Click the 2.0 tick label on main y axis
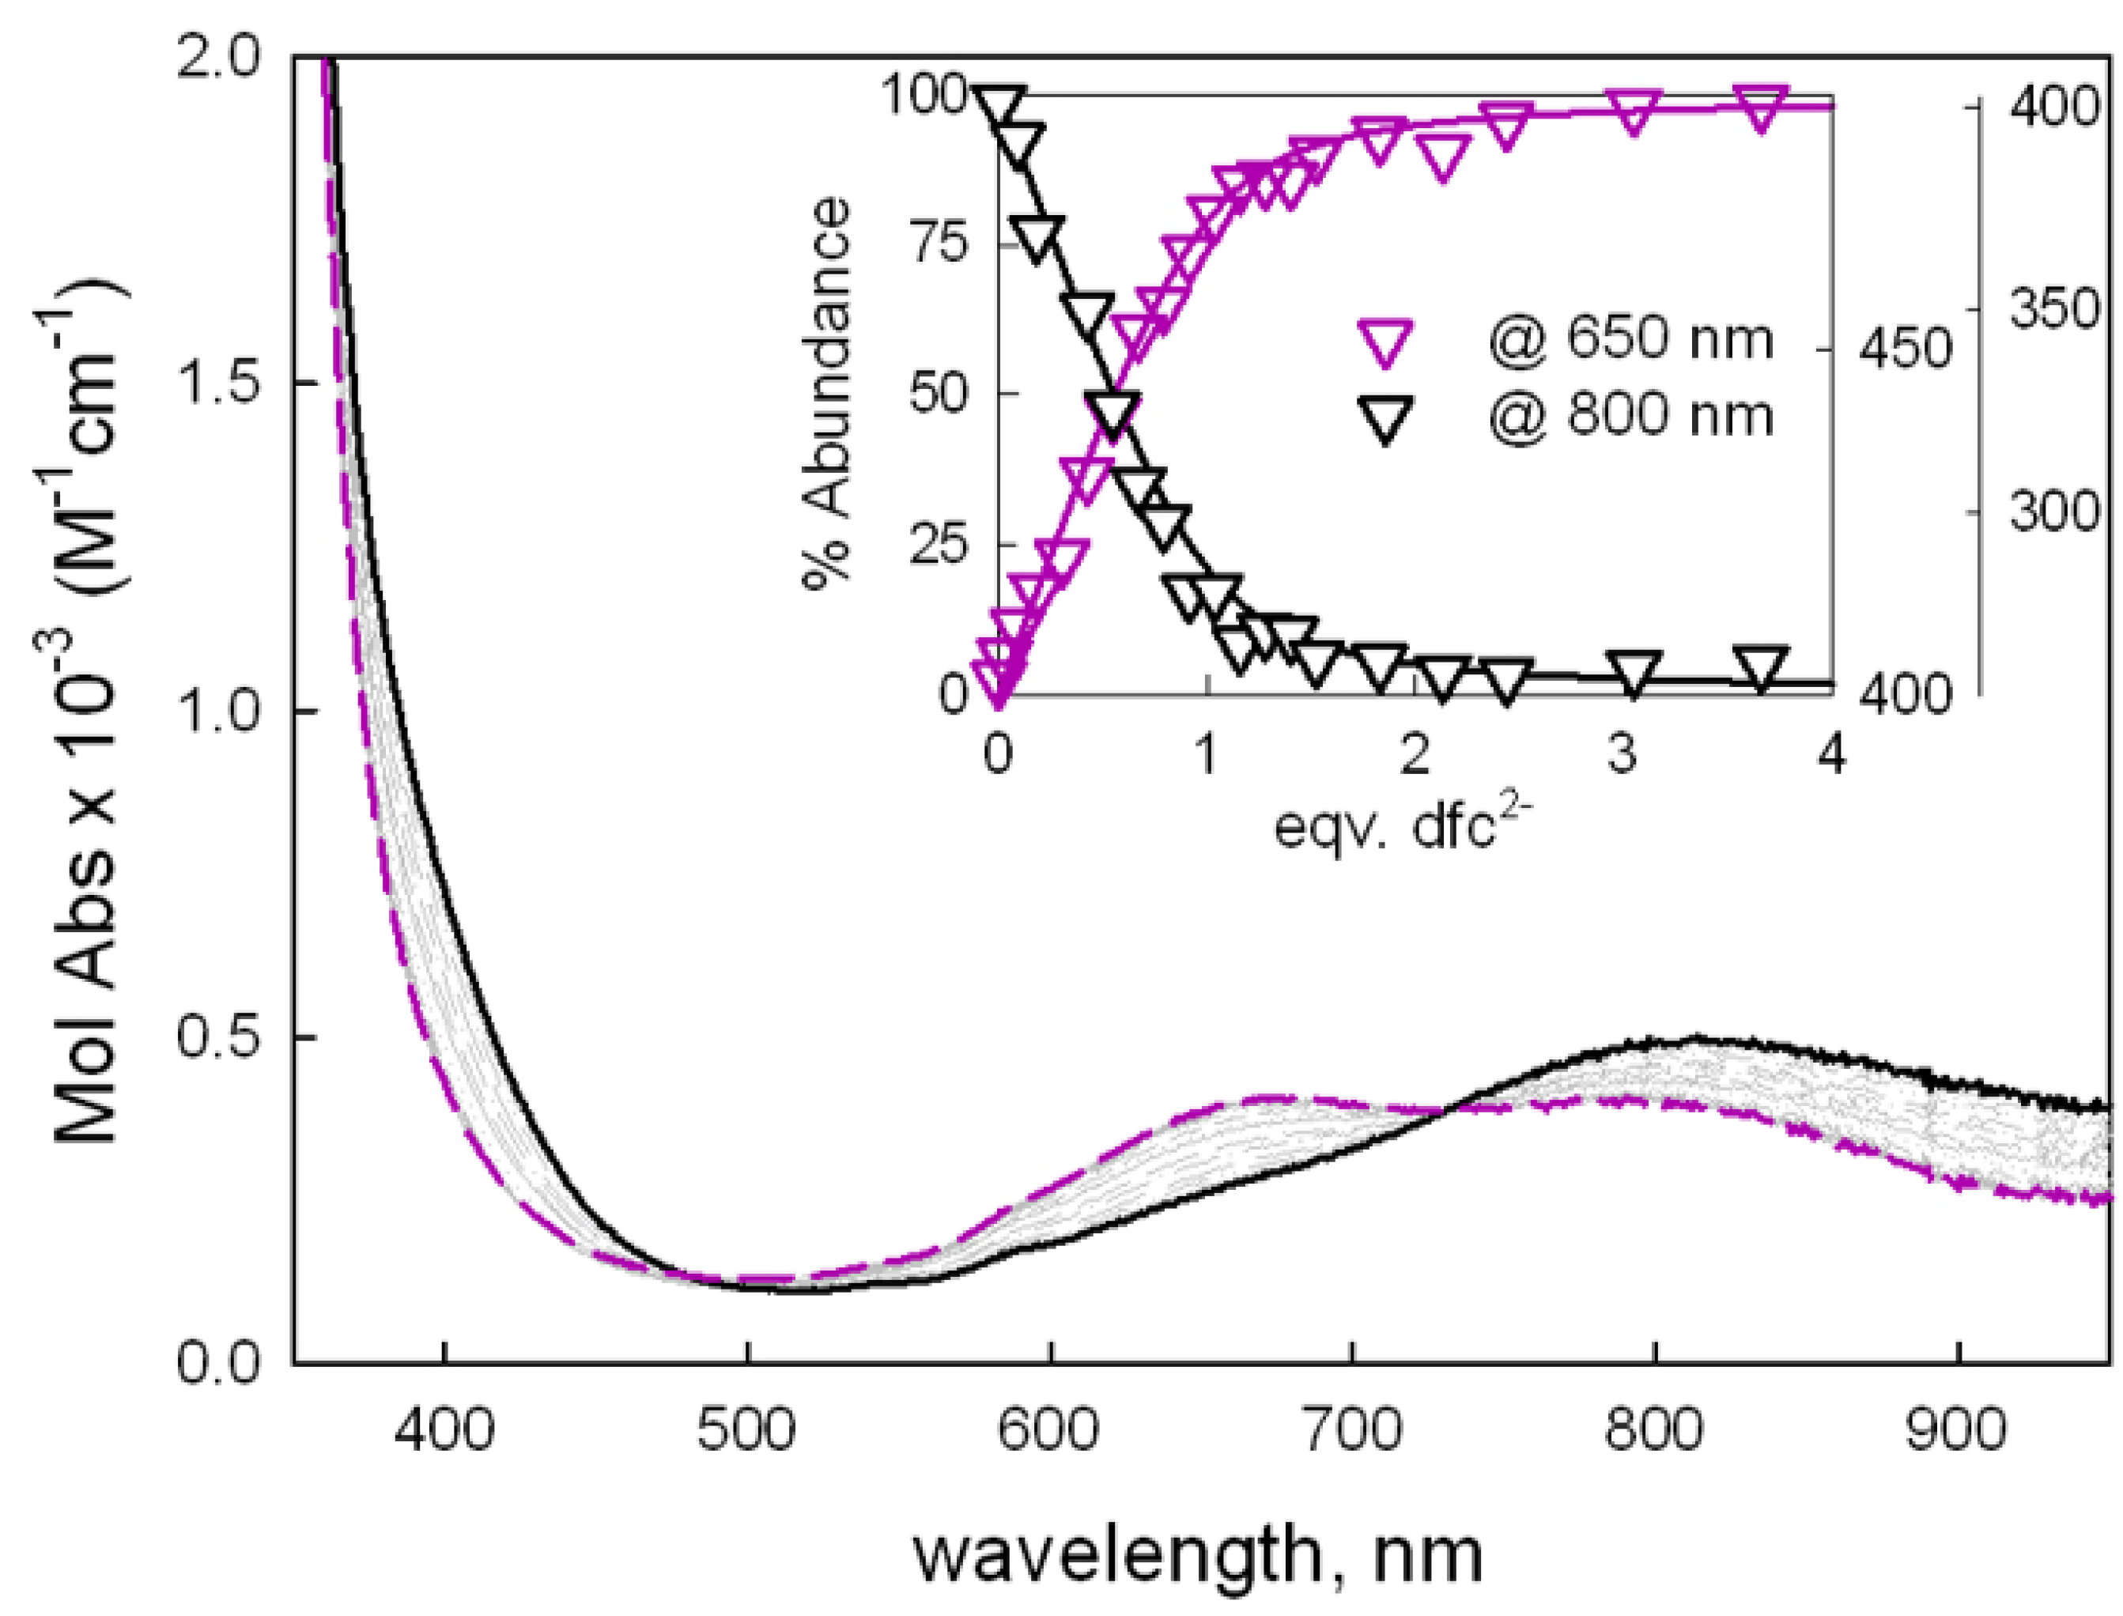pyautogui.click(x=221, y=59)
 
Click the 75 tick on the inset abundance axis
pyautogui.click(x=940, y=244)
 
